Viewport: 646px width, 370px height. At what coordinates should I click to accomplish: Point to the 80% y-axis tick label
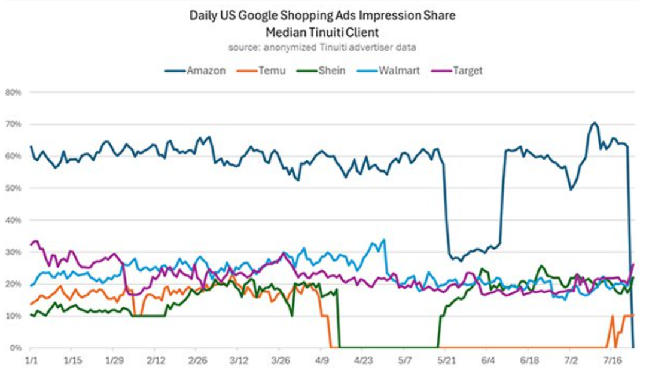pos(14,93)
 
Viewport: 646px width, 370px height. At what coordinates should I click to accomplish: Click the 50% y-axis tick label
pos(14,188)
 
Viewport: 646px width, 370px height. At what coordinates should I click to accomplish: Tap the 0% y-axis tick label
pos(16,348)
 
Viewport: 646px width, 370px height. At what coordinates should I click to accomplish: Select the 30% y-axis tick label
pos(14,252)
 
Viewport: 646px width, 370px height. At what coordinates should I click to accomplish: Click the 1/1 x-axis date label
pos(31,361)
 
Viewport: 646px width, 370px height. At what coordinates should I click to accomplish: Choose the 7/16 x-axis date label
pos(613,361)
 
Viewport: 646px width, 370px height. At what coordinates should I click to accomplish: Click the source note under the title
pos(322,47)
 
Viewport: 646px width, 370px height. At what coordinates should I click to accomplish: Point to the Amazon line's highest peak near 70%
pos(594,123)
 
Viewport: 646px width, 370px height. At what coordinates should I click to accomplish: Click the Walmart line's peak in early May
pos(383,240)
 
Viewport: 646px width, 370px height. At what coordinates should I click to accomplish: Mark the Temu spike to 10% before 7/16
pos(612,316)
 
